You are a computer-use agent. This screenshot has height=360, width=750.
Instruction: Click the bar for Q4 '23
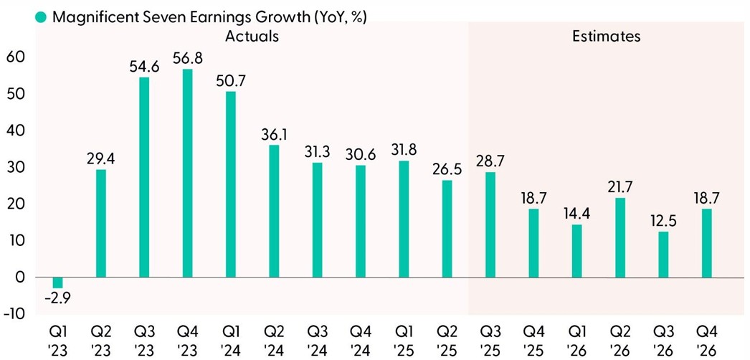[187, 173]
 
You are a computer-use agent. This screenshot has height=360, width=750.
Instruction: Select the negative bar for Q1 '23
[57, 283]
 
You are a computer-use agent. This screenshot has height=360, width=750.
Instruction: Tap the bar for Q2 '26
[620, 237]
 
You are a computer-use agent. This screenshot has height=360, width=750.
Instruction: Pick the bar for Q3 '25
[490, 224]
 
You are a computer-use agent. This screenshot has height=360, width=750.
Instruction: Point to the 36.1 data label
[273, 134]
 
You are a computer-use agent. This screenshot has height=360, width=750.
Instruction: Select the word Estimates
[606, 36]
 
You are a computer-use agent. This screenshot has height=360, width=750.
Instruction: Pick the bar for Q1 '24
[230, 184]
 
